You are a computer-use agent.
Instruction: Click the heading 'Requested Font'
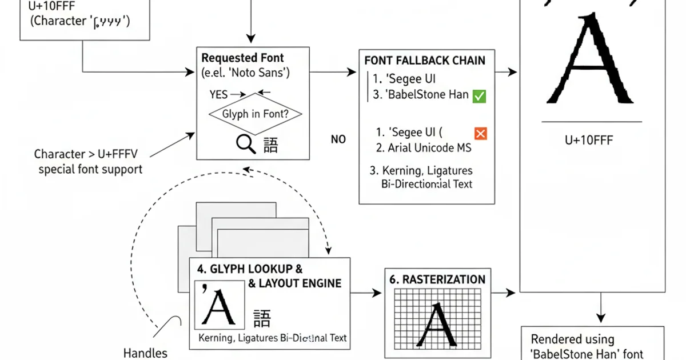[x=242, y=58]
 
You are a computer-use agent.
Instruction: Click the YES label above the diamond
[x=219, y=94]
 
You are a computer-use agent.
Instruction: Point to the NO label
[x=338, y=139]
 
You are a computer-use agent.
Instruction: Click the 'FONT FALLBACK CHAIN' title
[x=425, y=61]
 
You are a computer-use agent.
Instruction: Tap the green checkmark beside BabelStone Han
[x=479, y=96]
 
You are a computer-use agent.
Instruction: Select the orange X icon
[x=480, y=133]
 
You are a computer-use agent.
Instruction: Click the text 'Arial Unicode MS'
[x=429, y=148]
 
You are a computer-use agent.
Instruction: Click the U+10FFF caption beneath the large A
[x=588, y=140]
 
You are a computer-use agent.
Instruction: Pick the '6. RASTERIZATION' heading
[x=437, y=279]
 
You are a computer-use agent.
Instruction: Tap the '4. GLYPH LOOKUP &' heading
[x=249, y=269]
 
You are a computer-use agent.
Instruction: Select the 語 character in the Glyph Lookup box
[x=262, y=318]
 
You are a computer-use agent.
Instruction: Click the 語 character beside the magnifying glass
[x=270, y=145]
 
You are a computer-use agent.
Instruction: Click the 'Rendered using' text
[x=572, y=339]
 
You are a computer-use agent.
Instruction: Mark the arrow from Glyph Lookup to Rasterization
[x=366, y=293]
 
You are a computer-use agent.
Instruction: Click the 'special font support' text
[x=90, y=169]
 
